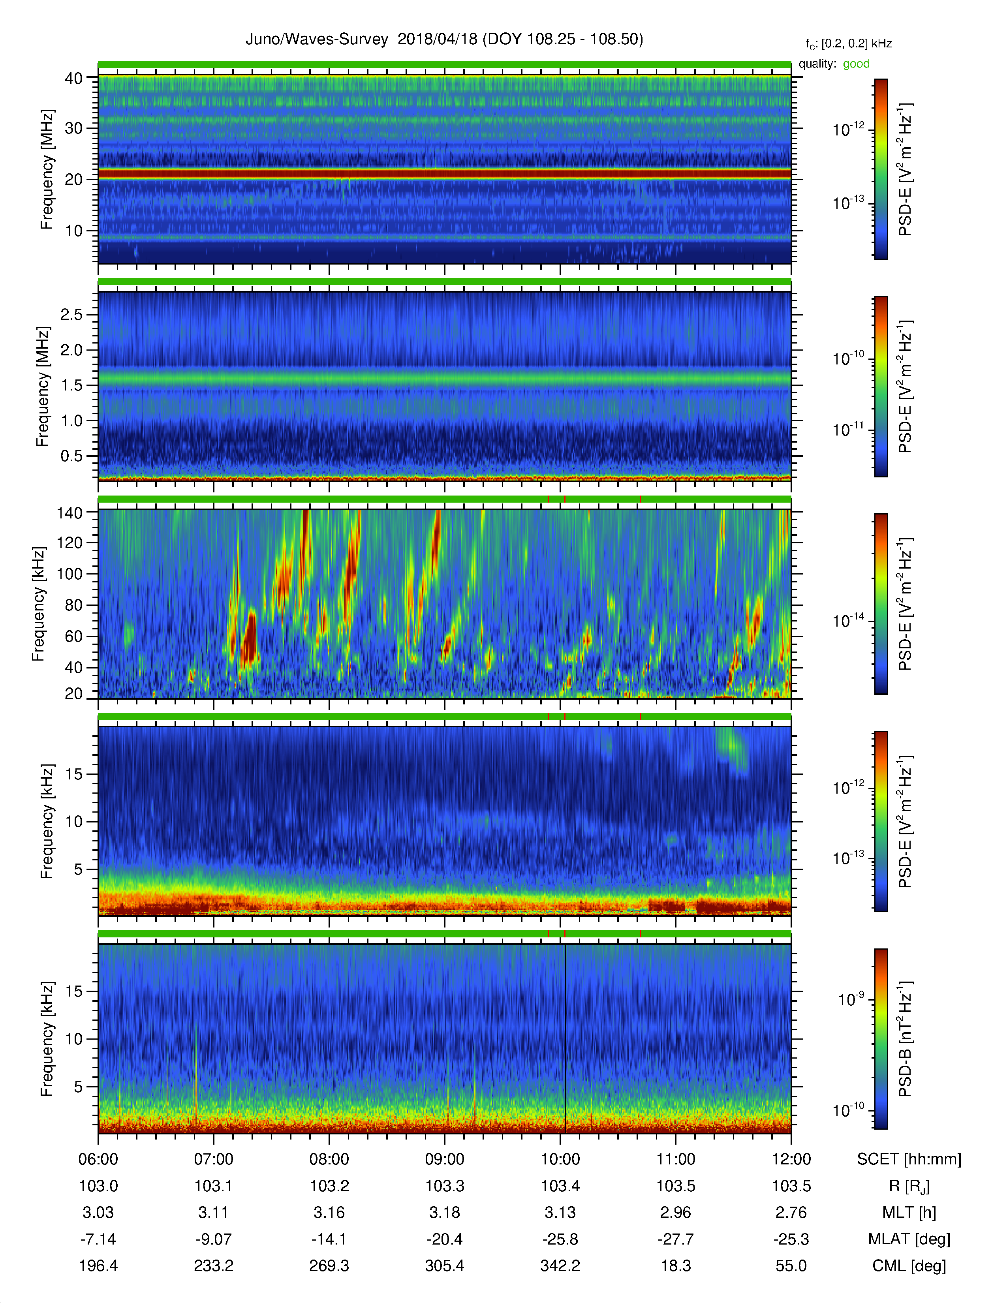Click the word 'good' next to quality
[x=856, y=64]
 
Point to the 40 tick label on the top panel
[x=74, y=78]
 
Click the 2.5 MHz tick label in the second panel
[x=71, y=314]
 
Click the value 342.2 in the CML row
[x=560, y=1265]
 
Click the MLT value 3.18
[x=444, y=1212]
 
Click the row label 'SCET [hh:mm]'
[x=909, y=1159]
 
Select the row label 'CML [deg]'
[x=909, y=1266]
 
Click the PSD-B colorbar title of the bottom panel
[x=906, y=1038]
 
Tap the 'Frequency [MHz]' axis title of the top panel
[x=47, y=169]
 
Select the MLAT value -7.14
[x=98, y=1239]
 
